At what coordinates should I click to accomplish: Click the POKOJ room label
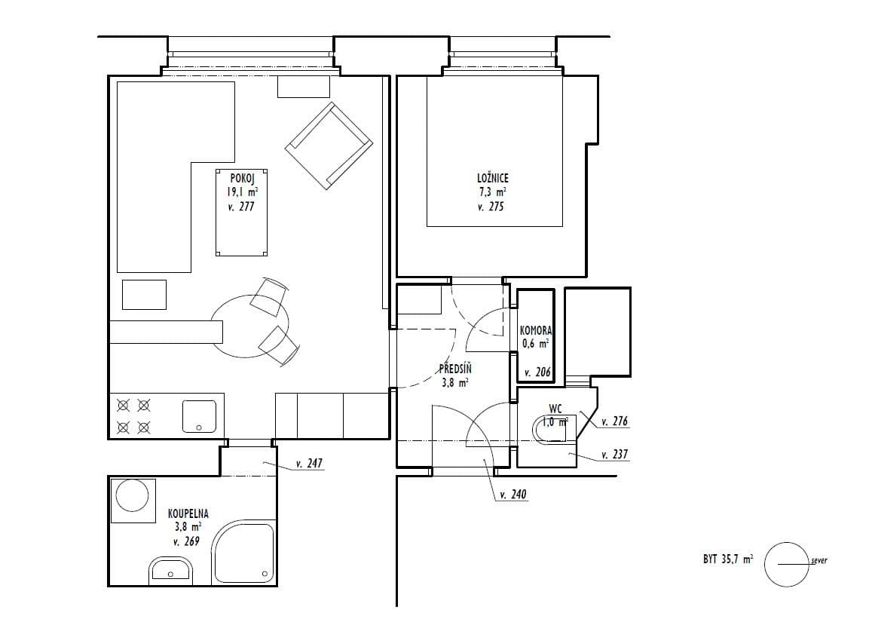(x=241, y=179)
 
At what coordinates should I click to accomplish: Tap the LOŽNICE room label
(x=494, y=179)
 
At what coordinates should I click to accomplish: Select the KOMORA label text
(x=536, y=331)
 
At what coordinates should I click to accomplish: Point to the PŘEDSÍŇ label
(x=456, y=369)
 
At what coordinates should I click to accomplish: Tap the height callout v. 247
(x=309, y=464)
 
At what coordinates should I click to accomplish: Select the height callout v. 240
(x=512, y=495)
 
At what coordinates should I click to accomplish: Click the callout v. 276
(x=615, y=422)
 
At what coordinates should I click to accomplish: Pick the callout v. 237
(x=615, y=455)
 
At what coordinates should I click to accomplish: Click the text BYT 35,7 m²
(x=727, y=559)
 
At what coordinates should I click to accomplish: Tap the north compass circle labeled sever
(x=785, y=564)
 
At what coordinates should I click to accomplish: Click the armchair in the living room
(x=329, y=146)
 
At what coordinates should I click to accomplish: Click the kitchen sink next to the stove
(x=199, y=416)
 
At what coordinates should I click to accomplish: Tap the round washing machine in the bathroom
(x=132, y=500)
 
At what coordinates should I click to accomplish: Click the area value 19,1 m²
(x=241, y=192)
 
